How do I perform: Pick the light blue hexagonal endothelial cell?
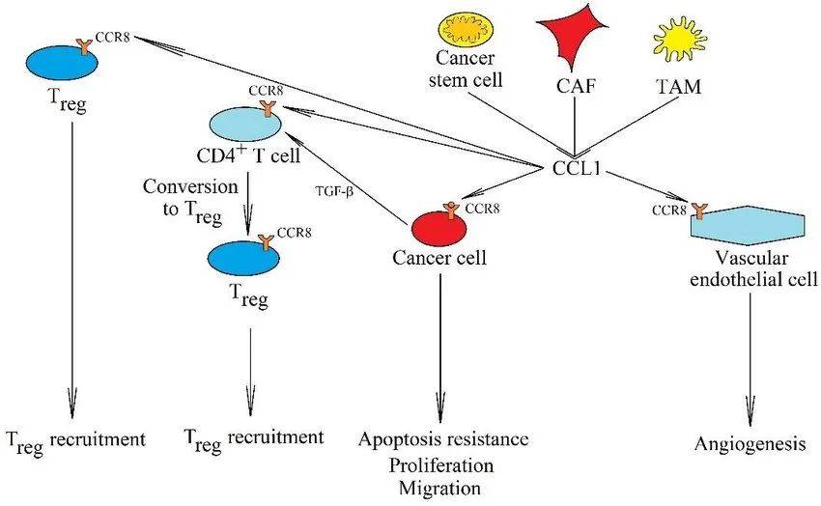coord(749,224)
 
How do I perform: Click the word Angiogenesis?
coord(750,444)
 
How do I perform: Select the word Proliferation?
coord(442,464)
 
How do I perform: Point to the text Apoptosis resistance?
coord(443,440)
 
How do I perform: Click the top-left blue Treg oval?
coord(60,62)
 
